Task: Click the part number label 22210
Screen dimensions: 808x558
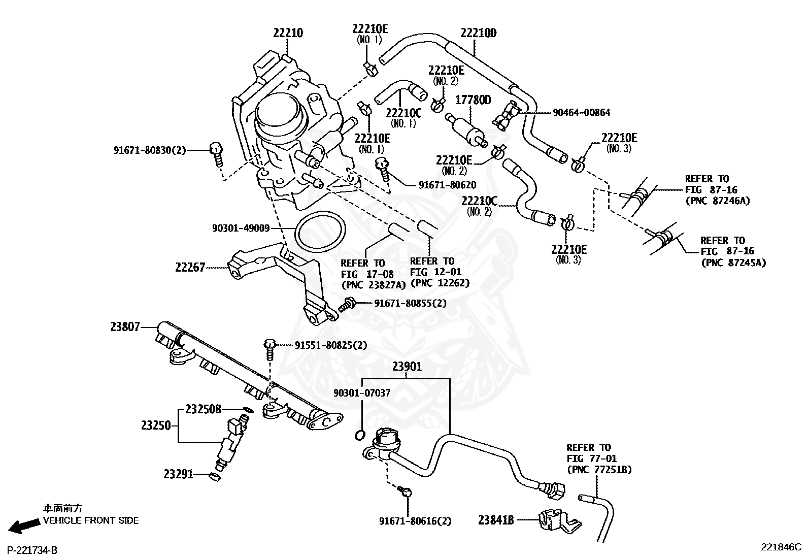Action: click(x=288, y=33)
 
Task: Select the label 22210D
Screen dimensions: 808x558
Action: click(x=478, y=33)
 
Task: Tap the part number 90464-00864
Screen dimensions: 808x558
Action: click(x=581, y=113)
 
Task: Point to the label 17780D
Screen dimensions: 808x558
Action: click(x=473, y=100)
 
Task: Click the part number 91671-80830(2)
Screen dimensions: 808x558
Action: click(x=150, y=150)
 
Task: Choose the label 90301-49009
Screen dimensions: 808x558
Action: click(x=241, y=228)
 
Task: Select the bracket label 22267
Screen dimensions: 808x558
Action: click(x=190, y=268)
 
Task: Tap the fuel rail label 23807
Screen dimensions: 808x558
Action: click(x=125, y=327)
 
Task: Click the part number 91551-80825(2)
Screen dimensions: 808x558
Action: click(x=331, y=345)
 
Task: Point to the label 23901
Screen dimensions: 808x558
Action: click(x=407, y=367)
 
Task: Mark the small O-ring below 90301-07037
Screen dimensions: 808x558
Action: click(x=359, y=435)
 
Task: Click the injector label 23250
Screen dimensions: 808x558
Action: click(x=156, y=425)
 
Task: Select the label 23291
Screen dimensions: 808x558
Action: click(x=178, y=474)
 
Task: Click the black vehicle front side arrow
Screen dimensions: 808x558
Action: click(x=24, y=525)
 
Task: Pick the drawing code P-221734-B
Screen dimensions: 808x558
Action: click(x=32, y=550)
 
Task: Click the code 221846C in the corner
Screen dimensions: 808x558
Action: click(x=781, y=547)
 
